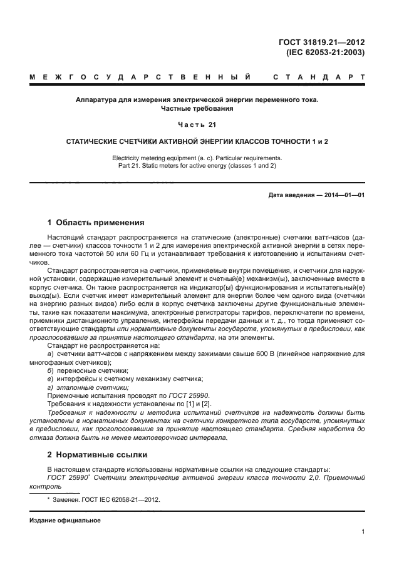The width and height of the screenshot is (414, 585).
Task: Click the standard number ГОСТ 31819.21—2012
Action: (322, 42)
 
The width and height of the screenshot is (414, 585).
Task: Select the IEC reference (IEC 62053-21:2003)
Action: (326, 53)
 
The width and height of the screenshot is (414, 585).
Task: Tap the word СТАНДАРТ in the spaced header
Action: (319, 78)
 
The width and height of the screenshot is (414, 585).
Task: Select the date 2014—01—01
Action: (344, 195)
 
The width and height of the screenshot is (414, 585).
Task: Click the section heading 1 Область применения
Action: (96, 222)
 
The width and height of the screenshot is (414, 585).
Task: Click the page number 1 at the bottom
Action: (363, 532)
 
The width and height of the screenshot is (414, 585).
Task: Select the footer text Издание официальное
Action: (65, 521)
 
